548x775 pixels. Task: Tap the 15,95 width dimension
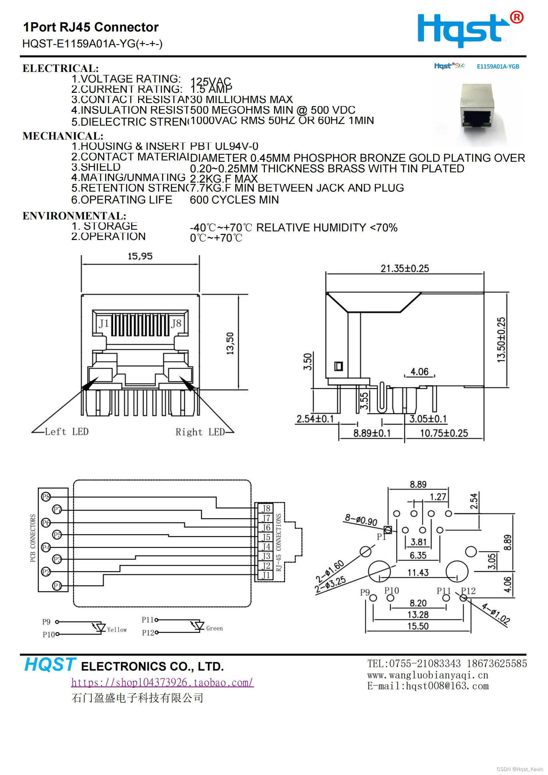(140, 256)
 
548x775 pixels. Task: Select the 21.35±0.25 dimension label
(404, 269)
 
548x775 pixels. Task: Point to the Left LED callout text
(67, 432)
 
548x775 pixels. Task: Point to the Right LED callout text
(200, 432)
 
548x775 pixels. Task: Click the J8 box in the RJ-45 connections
(266, 508)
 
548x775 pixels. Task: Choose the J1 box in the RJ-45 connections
(266, 575)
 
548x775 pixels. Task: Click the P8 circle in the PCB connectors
(45, 497)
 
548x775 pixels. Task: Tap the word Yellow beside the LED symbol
(117, 629)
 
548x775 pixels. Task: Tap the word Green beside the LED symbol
(214, 628)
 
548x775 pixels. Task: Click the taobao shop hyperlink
(162, 683)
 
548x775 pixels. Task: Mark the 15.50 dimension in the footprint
(418, 626)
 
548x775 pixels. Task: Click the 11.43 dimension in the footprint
(418, 572)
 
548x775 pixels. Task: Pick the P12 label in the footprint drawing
(468, 591)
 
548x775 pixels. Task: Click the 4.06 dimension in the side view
(419, 372)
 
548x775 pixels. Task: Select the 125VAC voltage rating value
(211, 81)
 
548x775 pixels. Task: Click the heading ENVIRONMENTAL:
(74, 216)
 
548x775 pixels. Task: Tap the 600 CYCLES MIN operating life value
(234, 200)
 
